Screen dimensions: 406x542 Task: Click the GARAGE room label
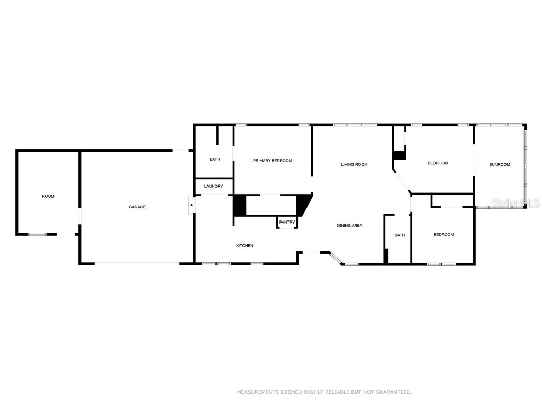click(137, 207)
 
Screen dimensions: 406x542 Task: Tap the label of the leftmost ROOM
click(48, 196)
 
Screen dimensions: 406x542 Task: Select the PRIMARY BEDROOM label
click(272, 161)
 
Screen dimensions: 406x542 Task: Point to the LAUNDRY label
click(213, 186)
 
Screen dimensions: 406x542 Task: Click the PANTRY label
click(287, 222)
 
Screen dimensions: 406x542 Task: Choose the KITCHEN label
click(245, 246)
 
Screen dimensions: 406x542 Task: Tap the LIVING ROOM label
click(354, 164)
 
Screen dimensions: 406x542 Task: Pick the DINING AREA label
click(349, 226)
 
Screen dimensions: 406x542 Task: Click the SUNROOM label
click(499, 164)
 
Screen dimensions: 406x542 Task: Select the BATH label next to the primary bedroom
click(214, 159)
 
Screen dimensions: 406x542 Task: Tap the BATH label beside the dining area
click(400, 235)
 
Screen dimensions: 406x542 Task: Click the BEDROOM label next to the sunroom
click(438, 163)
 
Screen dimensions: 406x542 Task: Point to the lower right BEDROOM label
click(444, 235)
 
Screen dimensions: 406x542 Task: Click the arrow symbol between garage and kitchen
click(191, 205)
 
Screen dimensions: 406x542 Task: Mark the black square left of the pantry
click(240, 205)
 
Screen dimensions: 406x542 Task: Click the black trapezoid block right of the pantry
click(304, 205)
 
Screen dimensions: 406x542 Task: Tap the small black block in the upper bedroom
click(399, 155)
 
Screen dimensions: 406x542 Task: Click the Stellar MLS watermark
click(516, 203)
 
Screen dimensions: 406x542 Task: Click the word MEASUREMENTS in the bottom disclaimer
click(257, 392)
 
